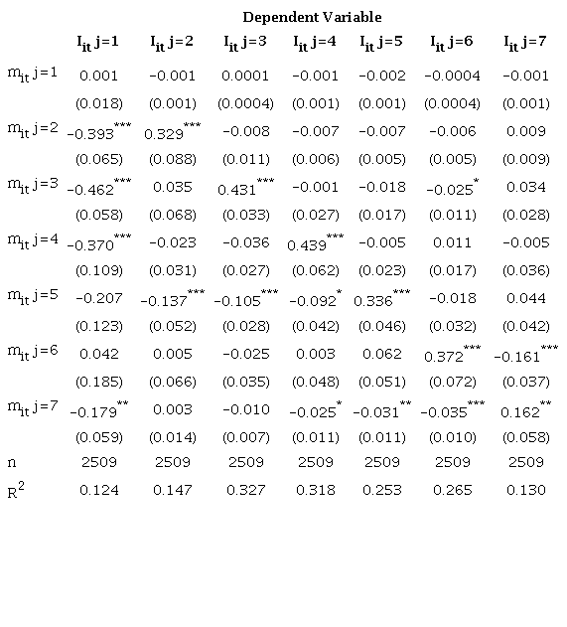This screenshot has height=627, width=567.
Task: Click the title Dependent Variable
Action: (312, 17)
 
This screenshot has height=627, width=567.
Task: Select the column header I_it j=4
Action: (315, 43)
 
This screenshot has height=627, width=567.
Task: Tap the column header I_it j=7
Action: (525, 43)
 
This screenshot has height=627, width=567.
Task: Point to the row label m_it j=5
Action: (33, 296)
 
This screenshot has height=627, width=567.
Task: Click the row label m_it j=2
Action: (33, 128)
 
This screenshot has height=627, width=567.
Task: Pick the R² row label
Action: (19, 488)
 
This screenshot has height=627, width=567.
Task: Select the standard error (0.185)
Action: (98, 381)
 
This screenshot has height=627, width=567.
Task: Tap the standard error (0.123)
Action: (98, 325)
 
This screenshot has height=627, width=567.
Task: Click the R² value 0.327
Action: (245, 490)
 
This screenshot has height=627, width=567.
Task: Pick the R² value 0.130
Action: (525, 490)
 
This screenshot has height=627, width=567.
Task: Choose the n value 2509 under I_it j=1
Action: (98, 462)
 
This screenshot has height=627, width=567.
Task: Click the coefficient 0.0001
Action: (245, 76)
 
